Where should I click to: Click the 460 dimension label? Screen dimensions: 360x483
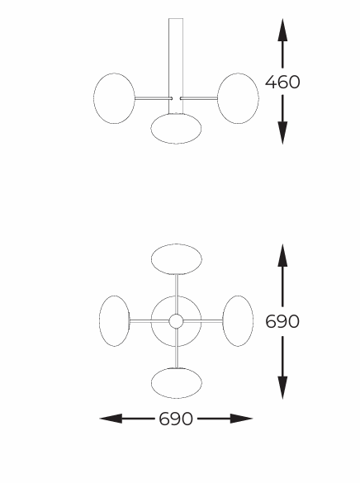[282, 82]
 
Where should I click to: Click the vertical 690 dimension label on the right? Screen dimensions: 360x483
[282, 321]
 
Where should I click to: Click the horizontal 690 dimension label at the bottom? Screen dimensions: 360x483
[176, 419]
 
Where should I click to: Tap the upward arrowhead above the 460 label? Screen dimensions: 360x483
[282, 30]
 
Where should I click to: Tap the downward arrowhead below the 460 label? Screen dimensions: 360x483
[282, 133]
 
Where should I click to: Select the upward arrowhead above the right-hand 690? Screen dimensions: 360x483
[282, 255]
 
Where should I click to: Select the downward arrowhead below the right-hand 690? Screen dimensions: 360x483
[282, 388]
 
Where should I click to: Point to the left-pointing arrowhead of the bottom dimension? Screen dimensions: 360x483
[111, 419]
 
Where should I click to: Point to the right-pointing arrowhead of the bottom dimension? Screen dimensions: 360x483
[241, 419]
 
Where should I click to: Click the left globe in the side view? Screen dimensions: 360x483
[114, 98]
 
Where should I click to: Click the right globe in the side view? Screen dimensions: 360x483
[238, 98]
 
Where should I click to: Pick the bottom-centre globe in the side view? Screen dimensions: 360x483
[176, 129]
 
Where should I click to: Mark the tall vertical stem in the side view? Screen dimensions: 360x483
[176, 66]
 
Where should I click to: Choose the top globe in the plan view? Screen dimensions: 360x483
[177, 259]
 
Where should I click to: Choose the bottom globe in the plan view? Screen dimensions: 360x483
[177, 383]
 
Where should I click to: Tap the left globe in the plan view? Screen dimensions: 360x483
[114, 321]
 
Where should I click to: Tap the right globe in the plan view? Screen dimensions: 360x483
[238, 321]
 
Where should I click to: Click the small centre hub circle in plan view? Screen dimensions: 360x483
[176, 321]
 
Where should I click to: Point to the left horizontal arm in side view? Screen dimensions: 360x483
[154, 98]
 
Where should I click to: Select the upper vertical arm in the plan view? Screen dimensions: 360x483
[177, 294]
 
